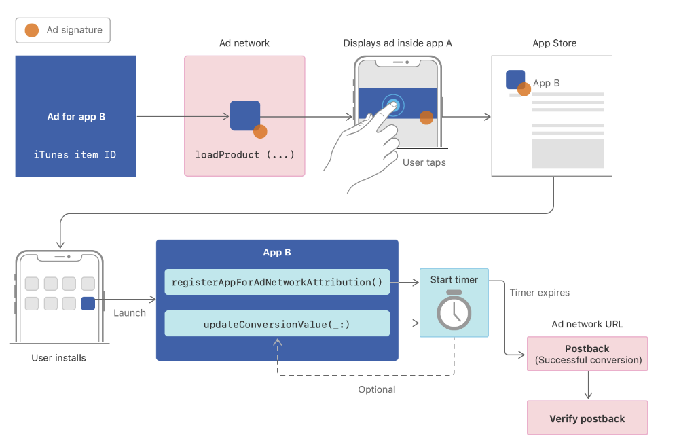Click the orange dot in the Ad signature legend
[x=32, y=31]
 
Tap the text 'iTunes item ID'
[x=75, y=155]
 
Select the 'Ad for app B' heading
[x=76, y=117]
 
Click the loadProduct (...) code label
[x=244, y=155]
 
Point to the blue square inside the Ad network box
[x=245, y=115]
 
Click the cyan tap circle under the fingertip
[x=393, y=105]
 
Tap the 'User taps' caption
[x=424, y=162]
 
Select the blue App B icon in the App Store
[x=515, y=79]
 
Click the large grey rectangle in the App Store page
[x=568, y=154]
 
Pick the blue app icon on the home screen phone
[x=88, y=304]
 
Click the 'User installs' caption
[x=59, y=358]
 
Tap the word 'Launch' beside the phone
[x=130, y=312]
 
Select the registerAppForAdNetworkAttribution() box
[x=277, y=282]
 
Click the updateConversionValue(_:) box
[x=277, y=323]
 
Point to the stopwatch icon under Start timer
[x=454, y=310]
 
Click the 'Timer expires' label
[x=540, y=292]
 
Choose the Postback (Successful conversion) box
[x=587, y=354]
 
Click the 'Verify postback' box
[x=587, y=418]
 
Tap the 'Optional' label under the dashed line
[x=377, y=389]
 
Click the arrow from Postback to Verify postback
[x=588, y=385]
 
